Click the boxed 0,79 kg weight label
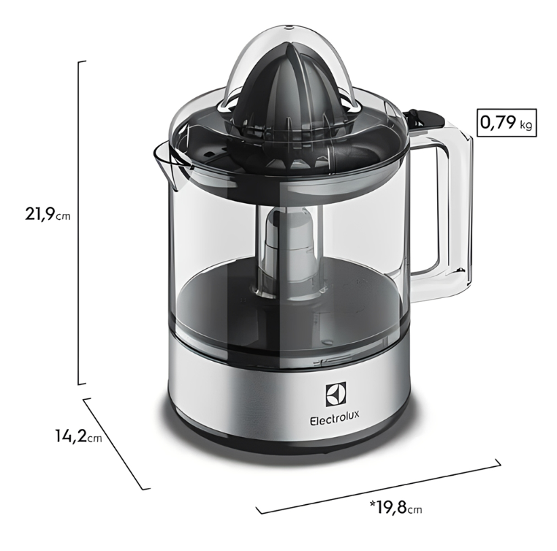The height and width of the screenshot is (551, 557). click(507, 123)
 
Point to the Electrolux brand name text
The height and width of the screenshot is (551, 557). click(335, 421)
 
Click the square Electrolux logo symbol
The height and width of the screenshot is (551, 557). click(335, 395)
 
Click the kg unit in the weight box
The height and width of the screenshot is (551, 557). click(526, 124)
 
